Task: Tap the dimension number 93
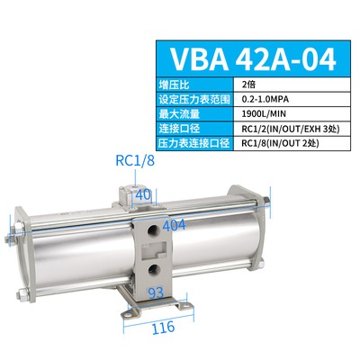pyautogui.click(x=155, y=292)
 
